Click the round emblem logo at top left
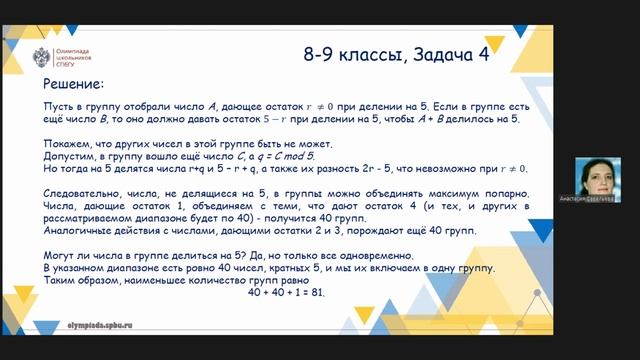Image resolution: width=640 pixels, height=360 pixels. click(x=43, y=56)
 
